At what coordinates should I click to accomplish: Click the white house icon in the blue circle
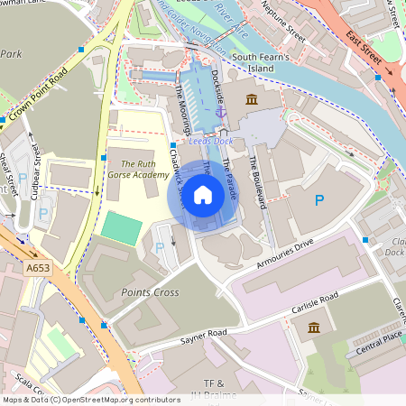click(x=203, y=194)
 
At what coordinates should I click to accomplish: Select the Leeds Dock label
click(x=210, y=143)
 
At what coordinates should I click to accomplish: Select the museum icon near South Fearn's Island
click(x=251, y=98)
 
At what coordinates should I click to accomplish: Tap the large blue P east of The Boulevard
click(x=318, y=199)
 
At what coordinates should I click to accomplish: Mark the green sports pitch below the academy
click(x=121, y=227)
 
